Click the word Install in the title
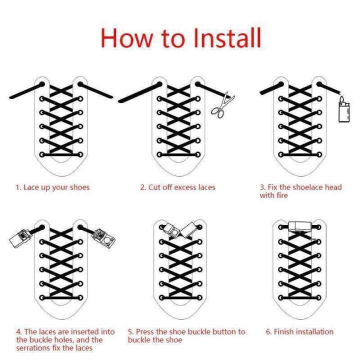click(x=227, y=37)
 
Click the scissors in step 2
click(x=222, y=105)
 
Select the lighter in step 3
click(x=344, y=109)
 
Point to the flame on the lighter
click(x=342, y=99)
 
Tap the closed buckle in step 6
click(x=300, y=227)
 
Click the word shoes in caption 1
click(x=79, y=187)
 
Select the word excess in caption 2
click(x=179, y=187)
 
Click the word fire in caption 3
click(x=282, y=195)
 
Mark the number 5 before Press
click(x=130, y=332)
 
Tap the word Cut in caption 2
click(x=154, y=187)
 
